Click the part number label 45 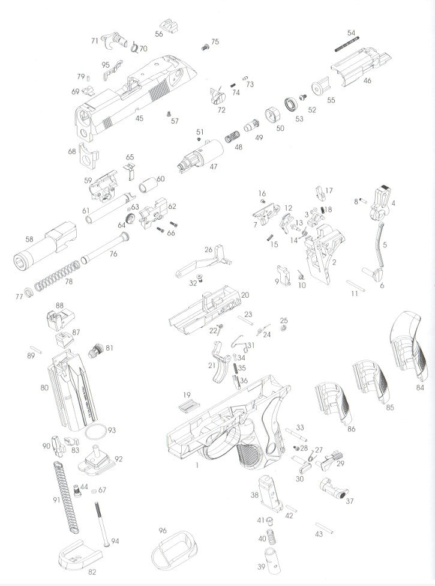(x=139, y=118)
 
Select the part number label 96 (x=162, y=531)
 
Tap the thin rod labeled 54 (x=344, y=46)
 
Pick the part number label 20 (x=245, y=295)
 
